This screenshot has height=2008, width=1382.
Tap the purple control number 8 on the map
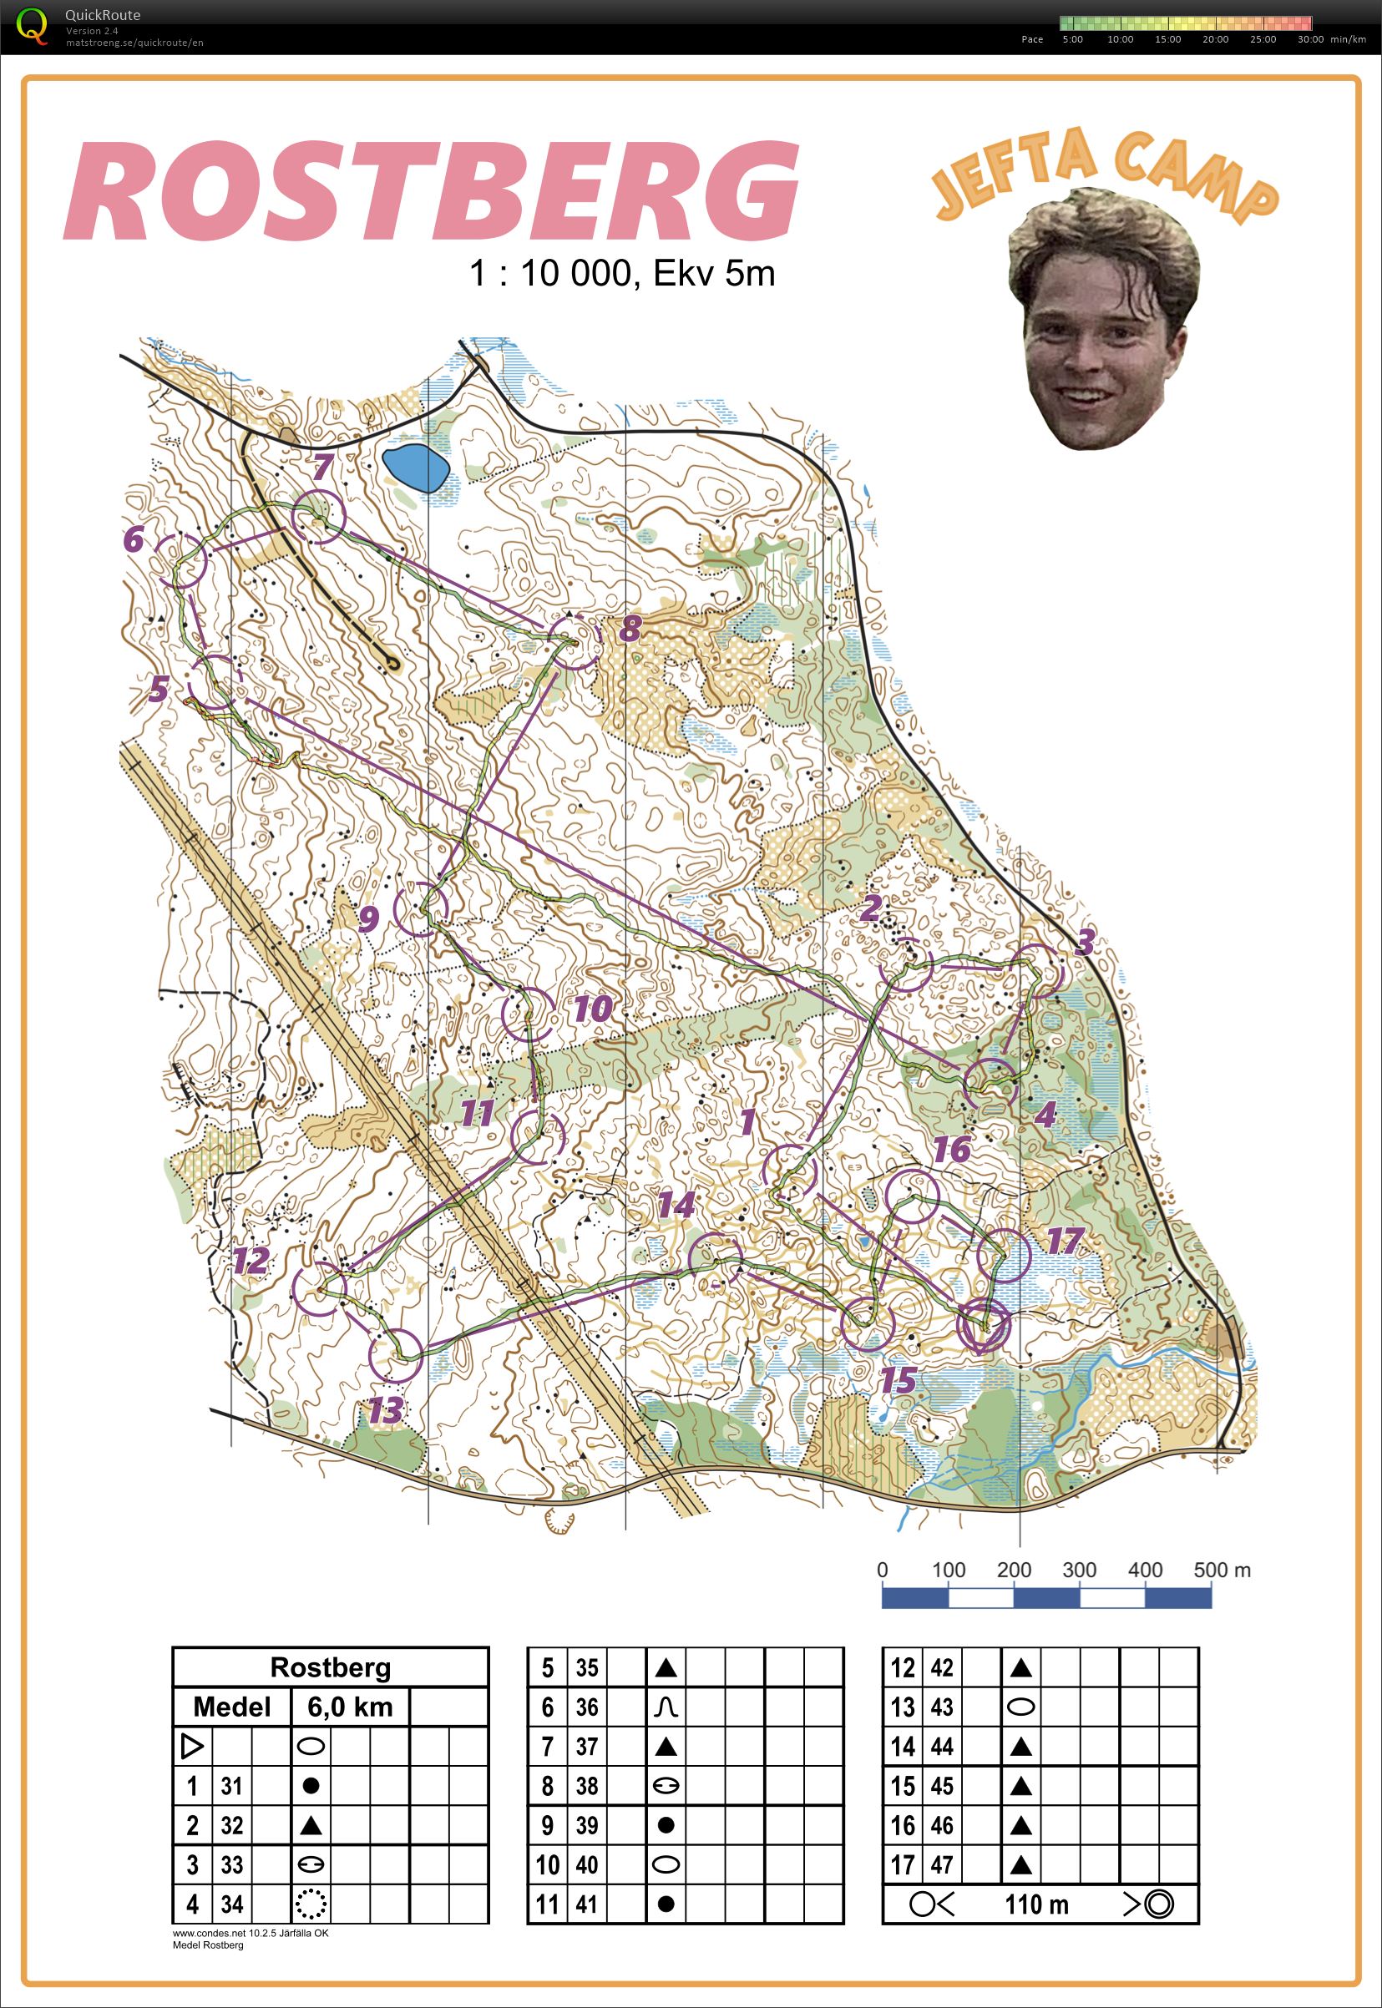630,628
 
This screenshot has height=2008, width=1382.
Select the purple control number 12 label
251,1261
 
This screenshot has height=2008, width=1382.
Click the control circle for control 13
395,1355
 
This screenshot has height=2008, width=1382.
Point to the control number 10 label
593,1009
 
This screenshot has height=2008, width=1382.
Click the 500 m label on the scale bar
1221,1570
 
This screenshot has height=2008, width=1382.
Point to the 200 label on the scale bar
1013,1570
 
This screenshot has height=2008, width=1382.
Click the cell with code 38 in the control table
586,1785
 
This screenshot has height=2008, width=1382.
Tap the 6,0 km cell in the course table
350,1707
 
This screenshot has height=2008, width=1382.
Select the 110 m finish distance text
1036,1904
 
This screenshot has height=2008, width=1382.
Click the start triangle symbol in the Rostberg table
192,1747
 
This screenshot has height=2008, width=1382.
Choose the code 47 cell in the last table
941,1864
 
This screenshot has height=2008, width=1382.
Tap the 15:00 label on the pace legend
1167,40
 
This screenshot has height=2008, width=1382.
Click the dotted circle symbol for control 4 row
310,1904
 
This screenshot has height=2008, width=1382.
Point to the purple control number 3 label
1084,942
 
